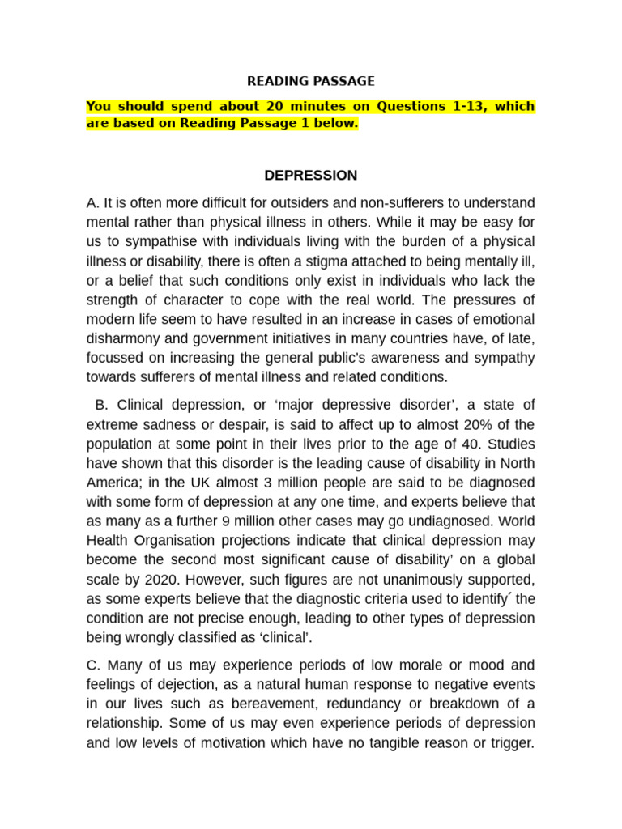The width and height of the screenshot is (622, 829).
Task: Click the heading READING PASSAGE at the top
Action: click(311, 81)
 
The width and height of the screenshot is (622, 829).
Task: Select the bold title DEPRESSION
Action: click(311, 176)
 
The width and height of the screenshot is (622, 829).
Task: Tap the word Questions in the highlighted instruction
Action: click(403, 107)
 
